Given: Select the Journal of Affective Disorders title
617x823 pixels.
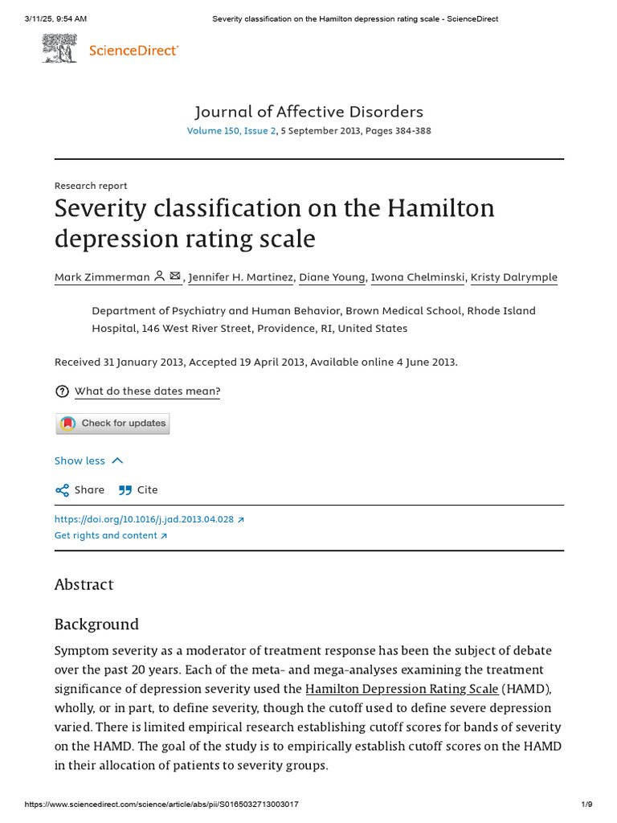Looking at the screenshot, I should coord(308,112).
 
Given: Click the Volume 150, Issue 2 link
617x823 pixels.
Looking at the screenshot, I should coord(231,131).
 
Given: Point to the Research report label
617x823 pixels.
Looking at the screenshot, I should coord(91,186).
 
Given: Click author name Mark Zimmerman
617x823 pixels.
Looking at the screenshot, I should coord(102,277).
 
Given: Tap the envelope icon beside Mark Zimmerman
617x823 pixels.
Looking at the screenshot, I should coord(175,276).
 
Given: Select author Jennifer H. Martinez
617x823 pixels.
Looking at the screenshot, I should coord(241,277).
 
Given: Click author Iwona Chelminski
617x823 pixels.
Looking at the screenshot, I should coord(418,277).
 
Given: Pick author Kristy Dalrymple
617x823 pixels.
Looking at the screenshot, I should coord(514,277).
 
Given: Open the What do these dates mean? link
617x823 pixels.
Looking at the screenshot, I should coord(147,391).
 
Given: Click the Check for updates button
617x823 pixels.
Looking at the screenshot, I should coord(112,424).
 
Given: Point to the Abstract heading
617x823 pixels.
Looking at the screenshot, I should coord(84,584).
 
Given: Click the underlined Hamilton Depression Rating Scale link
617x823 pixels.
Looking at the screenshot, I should coord(402,689).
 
